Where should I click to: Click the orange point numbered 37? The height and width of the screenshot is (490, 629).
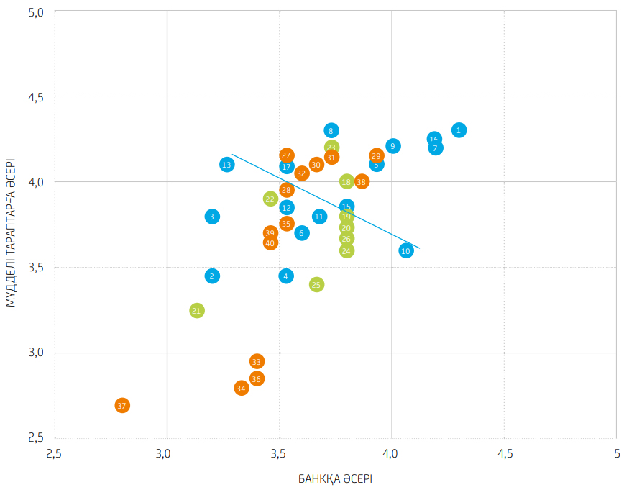pyautogui.click(x=122, y=406)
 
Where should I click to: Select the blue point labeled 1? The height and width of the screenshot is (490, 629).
pyautogui.click(x=459, y=130)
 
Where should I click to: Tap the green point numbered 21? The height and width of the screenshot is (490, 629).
pyautogui.click(x=197, y=311)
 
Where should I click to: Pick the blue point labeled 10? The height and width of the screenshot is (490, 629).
pyautogui.click(x=406, y=251)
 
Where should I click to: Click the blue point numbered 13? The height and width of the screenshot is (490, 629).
pyautogui.click(x=226, y=165)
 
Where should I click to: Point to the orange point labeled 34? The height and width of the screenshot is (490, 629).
pyautogui.click(x=241, y=389)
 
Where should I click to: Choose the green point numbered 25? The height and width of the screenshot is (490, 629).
pyautogui.click(x=316, y=285)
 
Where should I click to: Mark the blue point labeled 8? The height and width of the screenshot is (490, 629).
pyautogui.click(x=331, y=131)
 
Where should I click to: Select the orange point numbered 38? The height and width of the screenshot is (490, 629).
pyautogui.click(x=362, y=182)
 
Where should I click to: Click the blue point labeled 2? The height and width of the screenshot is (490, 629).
pyautogui.click(x=212, y=276)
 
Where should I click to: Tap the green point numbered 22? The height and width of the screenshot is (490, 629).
pyautogui.click(x=270, y=199)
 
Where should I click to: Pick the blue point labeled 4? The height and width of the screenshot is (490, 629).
pyautogui.click(x=286, y=276)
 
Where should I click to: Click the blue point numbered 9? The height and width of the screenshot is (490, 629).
pyautogui.click(x=392, y=146)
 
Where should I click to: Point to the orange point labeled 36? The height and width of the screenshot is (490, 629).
pyautogui.click(x=257, y=379)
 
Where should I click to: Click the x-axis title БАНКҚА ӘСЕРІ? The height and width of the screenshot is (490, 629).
pyautogui.click(x=335, y=478)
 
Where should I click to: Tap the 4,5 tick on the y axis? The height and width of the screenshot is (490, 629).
pyautogui.click(x=35, y=97)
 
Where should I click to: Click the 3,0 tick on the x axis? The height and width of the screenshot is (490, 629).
pyautogui.click(x=167, y=454)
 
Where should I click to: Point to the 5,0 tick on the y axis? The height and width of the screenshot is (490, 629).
pyautogui.click(x=35, y=12)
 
